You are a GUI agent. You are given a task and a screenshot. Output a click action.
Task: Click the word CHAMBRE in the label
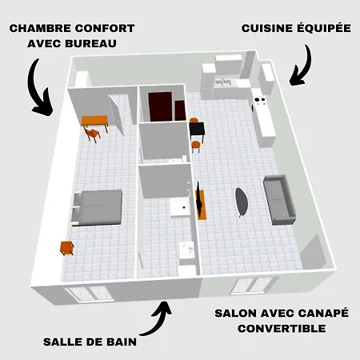40,28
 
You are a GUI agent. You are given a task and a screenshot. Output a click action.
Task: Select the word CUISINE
267,28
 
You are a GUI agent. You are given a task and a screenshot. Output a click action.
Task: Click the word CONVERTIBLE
282,329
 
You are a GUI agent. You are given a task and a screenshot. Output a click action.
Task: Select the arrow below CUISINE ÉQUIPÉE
301,66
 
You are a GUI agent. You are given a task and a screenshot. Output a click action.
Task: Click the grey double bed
97,208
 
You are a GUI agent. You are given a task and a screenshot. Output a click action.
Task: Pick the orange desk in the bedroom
94,122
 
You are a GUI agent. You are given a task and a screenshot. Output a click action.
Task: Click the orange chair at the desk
92,134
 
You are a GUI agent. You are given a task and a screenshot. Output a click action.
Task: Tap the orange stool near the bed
66,248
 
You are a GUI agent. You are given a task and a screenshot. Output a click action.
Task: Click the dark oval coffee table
242,202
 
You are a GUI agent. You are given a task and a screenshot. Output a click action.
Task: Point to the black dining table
197,130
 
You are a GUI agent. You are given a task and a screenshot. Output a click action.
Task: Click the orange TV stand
202,205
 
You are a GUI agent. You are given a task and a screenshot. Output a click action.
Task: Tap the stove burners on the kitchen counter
259,100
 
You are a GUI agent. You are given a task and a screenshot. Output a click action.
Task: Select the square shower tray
180,207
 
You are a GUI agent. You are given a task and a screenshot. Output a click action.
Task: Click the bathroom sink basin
187,249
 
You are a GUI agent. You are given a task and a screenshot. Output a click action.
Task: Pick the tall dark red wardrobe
160,106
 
